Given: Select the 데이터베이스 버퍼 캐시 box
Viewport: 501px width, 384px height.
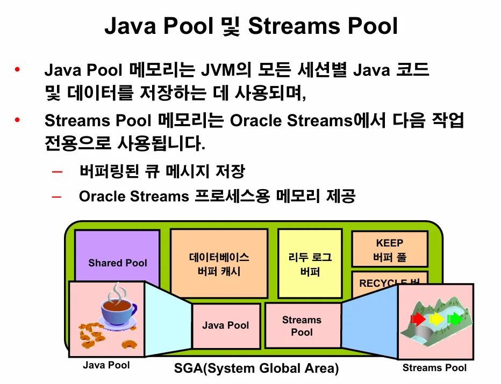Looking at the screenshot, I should [219, 264].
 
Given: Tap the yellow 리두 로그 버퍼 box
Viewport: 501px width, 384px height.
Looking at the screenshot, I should [310, 264].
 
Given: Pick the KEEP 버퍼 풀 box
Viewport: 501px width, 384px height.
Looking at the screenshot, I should [390, 250].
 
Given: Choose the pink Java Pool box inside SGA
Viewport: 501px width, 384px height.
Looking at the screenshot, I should [226, 325].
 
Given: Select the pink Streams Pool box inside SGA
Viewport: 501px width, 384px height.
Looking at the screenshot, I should [302, 325].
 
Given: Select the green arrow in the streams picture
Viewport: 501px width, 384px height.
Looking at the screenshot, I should [455, 320].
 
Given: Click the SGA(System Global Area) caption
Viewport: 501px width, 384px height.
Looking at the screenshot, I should [256, 369].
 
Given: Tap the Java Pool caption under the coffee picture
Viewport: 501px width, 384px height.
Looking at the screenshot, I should [106, 365].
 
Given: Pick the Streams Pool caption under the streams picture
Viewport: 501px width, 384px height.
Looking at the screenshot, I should [434, 368].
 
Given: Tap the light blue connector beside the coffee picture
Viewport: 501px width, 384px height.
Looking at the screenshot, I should [168, 320].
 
